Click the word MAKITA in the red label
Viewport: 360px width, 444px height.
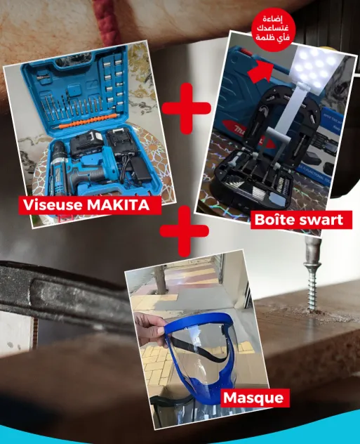coord(118,204)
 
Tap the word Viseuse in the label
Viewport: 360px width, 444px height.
coord(53,204)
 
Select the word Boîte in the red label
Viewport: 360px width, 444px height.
coord(272,219)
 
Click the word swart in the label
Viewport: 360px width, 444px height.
coord(319,220)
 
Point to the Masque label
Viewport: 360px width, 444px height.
coord(253,398)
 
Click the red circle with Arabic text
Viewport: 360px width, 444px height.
coord(273,30)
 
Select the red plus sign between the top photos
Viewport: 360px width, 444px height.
coord(187,108)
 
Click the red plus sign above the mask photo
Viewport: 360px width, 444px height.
coord(184,230)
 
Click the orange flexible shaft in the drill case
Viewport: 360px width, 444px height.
coord(88,122)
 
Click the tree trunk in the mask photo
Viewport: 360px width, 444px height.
coord(160,280)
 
